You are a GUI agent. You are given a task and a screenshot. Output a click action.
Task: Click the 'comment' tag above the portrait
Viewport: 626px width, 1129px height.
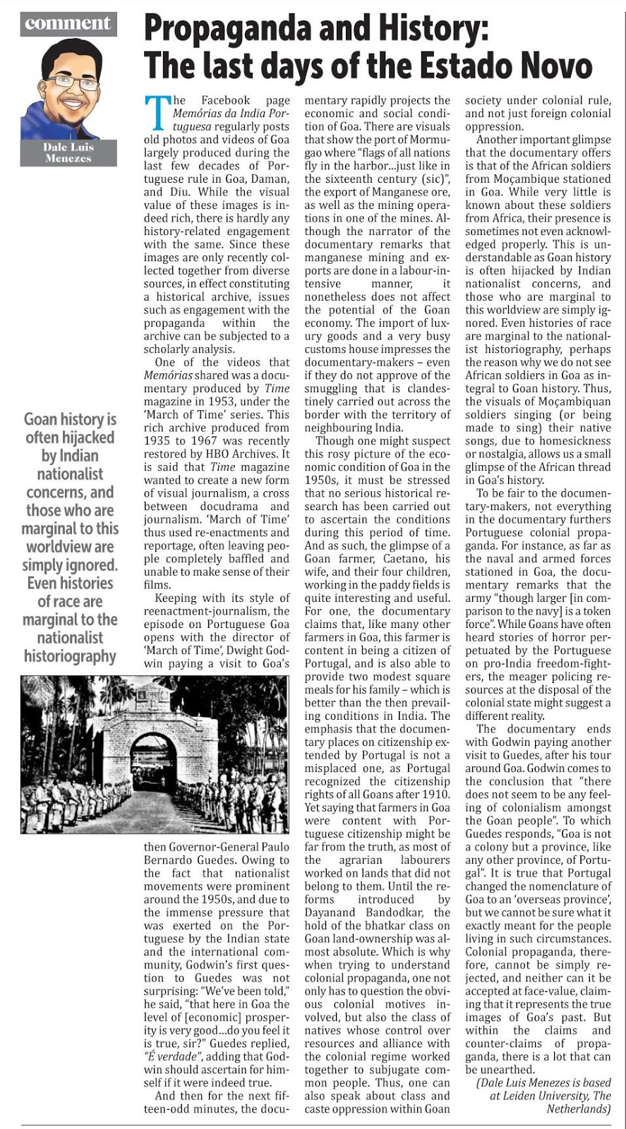coord(68,23)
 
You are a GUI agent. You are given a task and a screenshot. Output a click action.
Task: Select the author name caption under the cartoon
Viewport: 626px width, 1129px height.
coord(68,152)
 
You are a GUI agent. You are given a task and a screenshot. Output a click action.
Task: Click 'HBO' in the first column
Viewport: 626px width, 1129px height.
coord(230,454)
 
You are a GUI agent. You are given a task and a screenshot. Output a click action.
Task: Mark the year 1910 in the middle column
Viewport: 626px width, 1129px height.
coord(435,795)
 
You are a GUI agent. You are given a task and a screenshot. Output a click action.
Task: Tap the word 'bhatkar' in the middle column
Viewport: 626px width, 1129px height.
coord(361,926)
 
